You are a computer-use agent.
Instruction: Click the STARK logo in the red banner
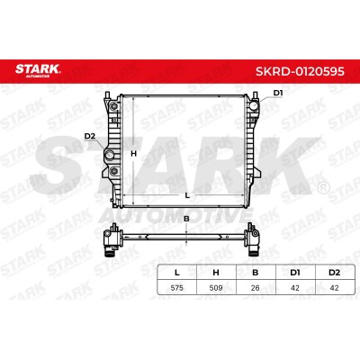pyautogui.click(x=38, y=71)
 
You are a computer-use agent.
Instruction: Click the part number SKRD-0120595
pyautogui.click(x=300, y=71)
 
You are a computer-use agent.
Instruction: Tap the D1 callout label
pyautogui.click(x=278, y=93)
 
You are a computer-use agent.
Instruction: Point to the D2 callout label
pyautogui.click(x=89, y=136)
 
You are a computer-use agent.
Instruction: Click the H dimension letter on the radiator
pyautogui.click(x=133, y=154)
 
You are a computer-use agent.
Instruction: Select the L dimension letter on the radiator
pyautogui.click(x=187, y=196)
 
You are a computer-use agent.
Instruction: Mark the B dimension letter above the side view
pyautogui.click(x=186, y=219)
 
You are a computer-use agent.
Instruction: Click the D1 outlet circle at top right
pyautogui.click(x=254, y=105)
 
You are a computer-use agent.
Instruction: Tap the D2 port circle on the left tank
pyautogui.click(x=109, y=155)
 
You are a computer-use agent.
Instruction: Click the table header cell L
pyautogui.click(x=177, y=273)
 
